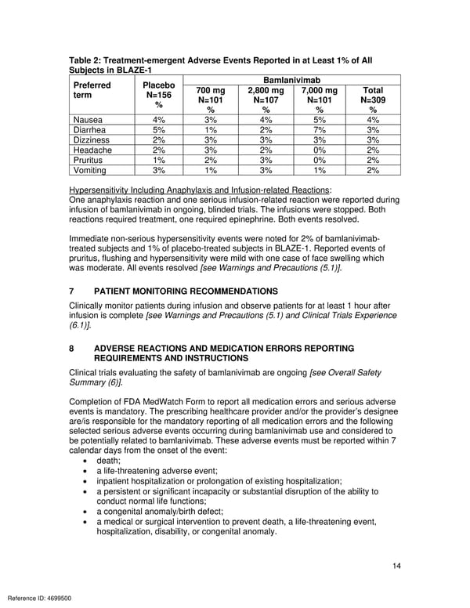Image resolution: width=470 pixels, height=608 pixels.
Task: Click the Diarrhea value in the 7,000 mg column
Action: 319,130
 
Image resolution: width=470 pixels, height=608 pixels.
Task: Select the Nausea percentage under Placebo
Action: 159,120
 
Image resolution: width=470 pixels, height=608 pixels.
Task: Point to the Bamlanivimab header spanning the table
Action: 291,80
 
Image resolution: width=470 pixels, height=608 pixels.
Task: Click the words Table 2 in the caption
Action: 89,60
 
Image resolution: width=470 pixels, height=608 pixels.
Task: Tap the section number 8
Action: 72,348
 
